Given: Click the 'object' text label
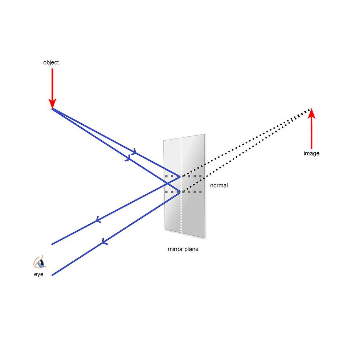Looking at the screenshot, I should pyautogui.click(x=51, y=63).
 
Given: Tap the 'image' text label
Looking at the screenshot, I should pyautogui.click(x=312, y=154).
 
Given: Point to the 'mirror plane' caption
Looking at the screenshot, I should pyautogui.click(x=183, y=250).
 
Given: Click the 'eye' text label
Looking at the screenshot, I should pyautogui.click(x=39, y=274).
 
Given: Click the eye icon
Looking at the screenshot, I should pyautogui.click(x=39, y=262).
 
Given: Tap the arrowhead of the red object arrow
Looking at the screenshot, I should pyautogui.click(x=53, y=103).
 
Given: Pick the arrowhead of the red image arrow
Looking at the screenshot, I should pyautogui.click(x=311, y=113).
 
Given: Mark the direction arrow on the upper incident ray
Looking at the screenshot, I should pyautogui.click(x=134, y=153).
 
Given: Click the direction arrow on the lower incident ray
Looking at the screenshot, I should pyautogui.click(x=128, y=158).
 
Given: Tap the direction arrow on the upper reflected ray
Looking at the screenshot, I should pyautogui.click(x=98, y=220).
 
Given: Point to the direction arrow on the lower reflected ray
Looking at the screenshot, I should pyautogui.click(x=105, y=240).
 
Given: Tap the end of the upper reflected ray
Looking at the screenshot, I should pyautogui.click(x=53, y=244).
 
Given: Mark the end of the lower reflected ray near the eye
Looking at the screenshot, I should pyautogui.click(x=53, y=275).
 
